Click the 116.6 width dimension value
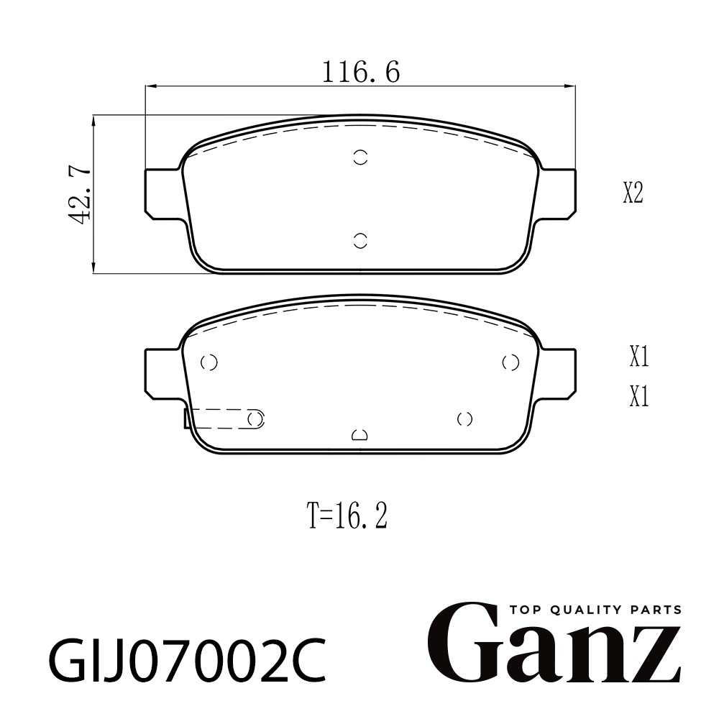click(361, 72)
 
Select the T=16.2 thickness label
click(348, 515)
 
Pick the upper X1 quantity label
click(638, 357)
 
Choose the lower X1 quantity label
click(638, 396)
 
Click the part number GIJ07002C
click(188, 660)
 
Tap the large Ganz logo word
click(554, 646)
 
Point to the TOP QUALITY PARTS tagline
click(595, 610)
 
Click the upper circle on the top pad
click(361, 157)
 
